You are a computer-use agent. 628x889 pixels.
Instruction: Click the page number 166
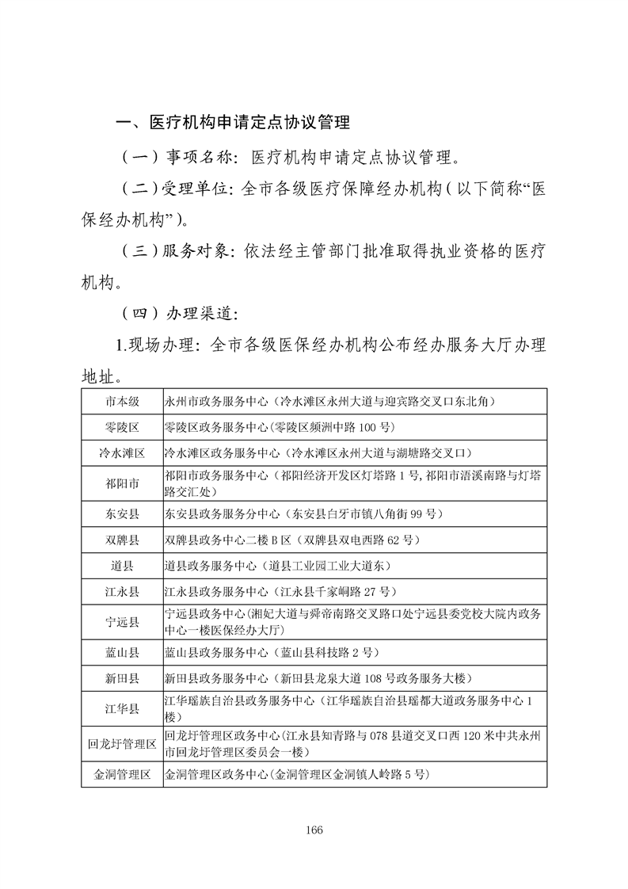click(x=314, y=830)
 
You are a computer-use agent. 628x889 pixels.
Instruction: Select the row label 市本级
click(x=122, y=402)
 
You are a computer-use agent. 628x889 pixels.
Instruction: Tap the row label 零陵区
click(x=122, y=427)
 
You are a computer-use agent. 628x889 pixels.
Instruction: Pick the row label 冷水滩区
click(x=122, y=453)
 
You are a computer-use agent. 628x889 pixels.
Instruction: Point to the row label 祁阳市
click(x=122, y=483)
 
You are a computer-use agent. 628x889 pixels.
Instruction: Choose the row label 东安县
click(x=122, y=514)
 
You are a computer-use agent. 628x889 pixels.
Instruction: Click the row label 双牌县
click(x=122, y=540)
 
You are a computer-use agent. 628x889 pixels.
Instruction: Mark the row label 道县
click(x=122, y=567)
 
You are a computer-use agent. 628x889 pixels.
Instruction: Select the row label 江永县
click(x=122, y=592)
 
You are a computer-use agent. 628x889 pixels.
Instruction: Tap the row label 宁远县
click(x=122, y=623)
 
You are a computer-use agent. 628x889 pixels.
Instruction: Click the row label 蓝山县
click(x=122, y=653)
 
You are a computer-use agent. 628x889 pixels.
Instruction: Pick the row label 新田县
click(x=122, y=679)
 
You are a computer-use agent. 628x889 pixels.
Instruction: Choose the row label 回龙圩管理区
click(x=122, y=744)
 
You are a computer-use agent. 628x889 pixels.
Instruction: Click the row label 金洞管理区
click(x=122, y=774)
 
